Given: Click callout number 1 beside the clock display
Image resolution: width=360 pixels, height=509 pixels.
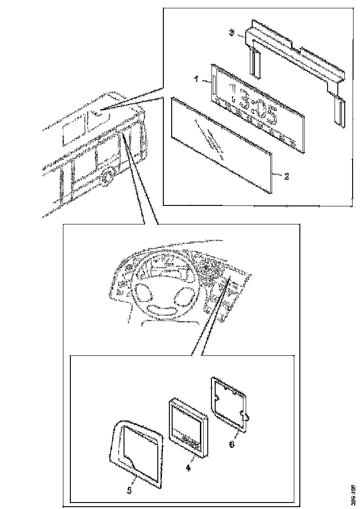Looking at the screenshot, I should tap(196, 80).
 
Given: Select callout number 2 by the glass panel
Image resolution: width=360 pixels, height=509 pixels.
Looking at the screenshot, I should tap(286, 176).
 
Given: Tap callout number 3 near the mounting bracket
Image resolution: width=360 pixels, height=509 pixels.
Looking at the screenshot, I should tap(233, 32).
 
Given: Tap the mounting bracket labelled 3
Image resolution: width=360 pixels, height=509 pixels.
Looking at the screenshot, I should tap(296, 51).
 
